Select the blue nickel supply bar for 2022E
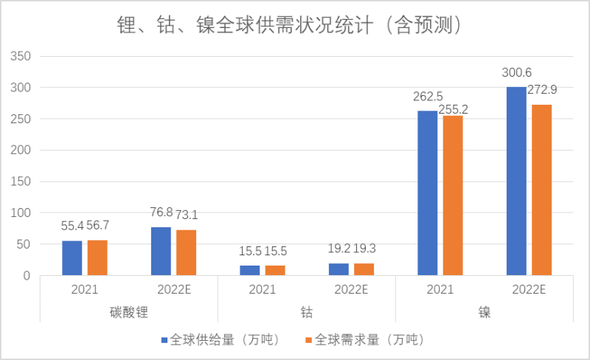tap(516, 181)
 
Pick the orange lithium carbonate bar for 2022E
tap(186, 252)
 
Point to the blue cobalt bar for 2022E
tap(339, 269)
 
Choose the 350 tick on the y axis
tap(20, 57)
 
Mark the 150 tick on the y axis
tap(20, 182)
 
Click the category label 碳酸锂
tap(128, 313)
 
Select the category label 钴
tap(307, 313)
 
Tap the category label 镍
tap(485, 313)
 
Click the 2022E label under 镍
tap(529, 289)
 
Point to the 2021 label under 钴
tap(262, 289)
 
